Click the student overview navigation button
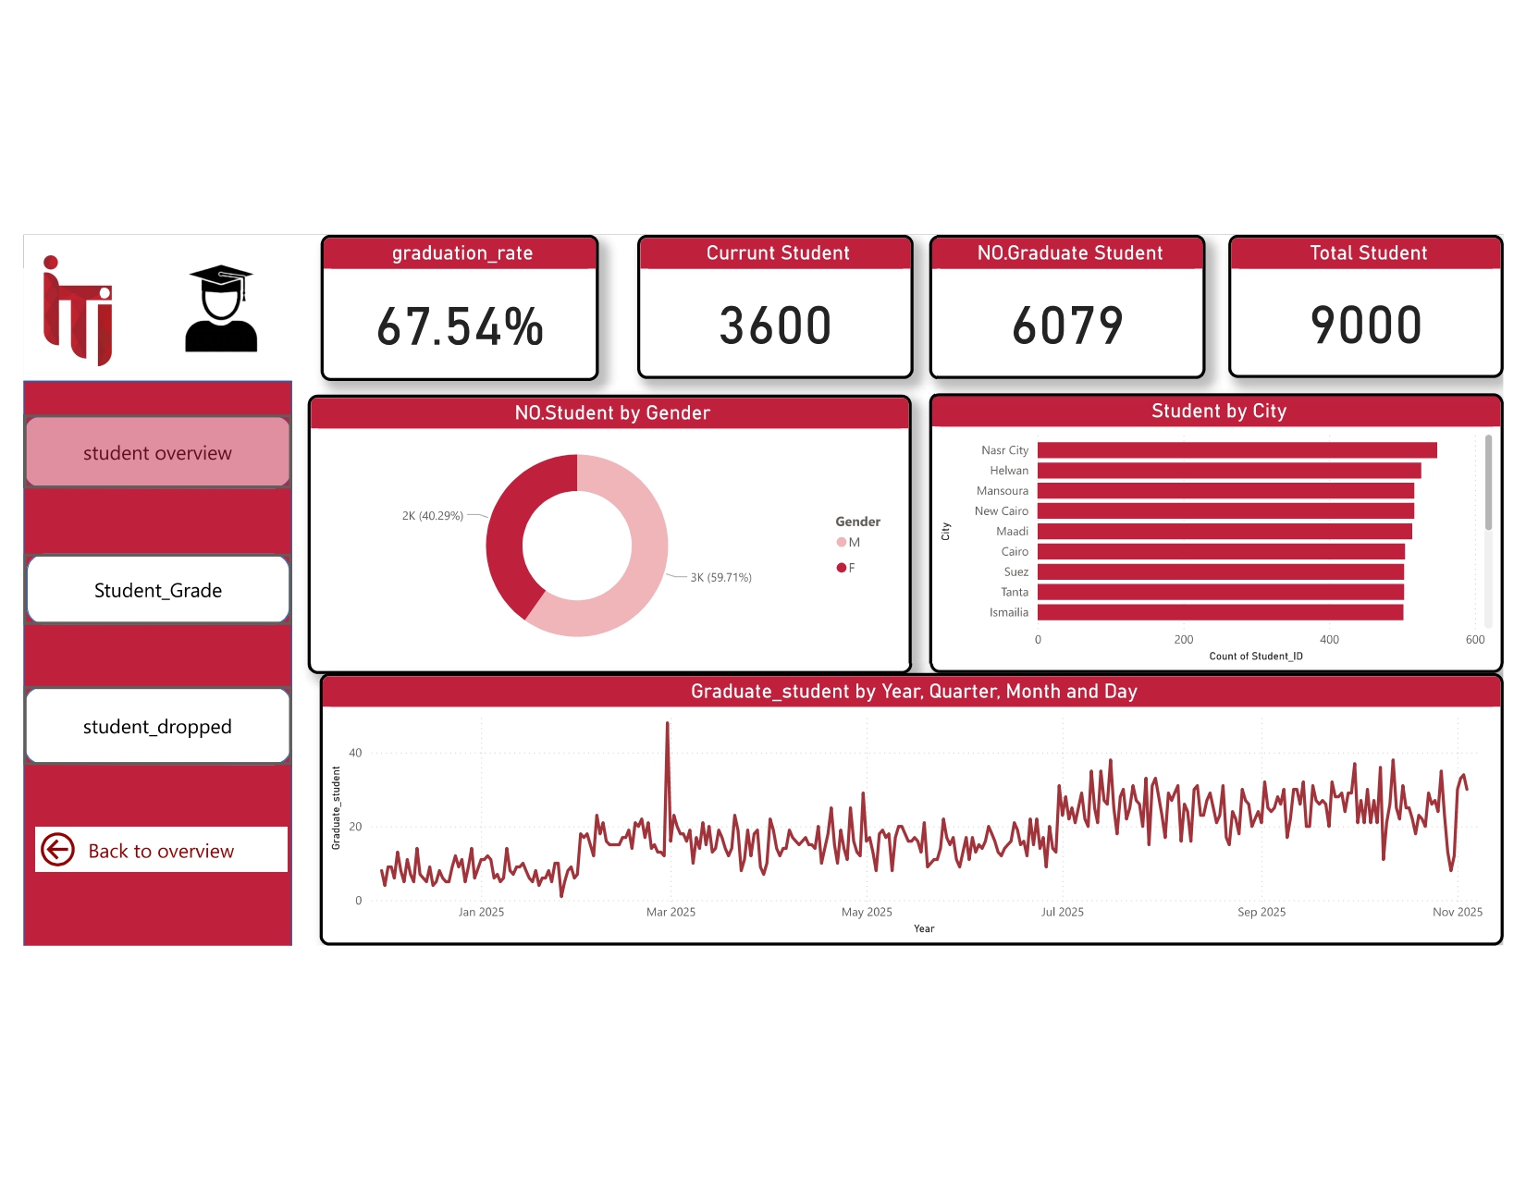click(157, 452)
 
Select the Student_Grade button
click(157, 590)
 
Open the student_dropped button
click(157, 727)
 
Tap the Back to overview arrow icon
click(58, 850)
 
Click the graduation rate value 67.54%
click(460, 326)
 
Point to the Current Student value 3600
click(775, 325)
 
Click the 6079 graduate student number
click(1067, 325)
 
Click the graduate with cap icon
click(221, 309)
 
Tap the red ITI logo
click(78, 311)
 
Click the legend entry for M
click(848, 543)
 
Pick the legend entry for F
click(846, 568)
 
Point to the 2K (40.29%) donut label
click(432, 516)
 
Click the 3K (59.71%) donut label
click(720, 578)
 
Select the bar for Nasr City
click(1237, 450)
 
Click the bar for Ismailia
click(1220, 612)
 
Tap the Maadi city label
click(1012, 532)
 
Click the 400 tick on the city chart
click(1329, 640)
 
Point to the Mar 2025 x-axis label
click(671, 913)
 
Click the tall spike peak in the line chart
click(668, 724)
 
